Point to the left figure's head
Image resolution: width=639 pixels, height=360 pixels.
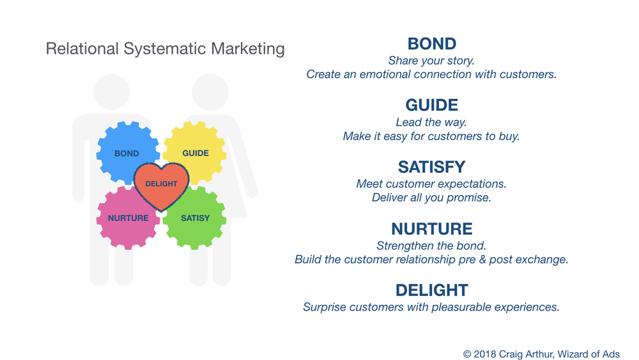tap(112, 91)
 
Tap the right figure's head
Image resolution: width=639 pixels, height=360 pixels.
tap(210, 91)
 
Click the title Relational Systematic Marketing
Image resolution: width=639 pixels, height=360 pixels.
tap(165, 49)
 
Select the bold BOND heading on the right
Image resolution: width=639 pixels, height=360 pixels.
tap(432, 43)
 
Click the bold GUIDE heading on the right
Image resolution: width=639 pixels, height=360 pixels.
tap(432, 106)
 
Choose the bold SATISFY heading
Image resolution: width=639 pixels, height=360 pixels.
tap(432, 167)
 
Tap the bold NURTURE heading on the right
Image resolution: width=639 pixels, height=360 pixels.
tap(432, 229)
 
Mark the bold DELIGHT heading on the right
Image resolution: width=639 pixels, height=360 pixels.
tap(432, 290)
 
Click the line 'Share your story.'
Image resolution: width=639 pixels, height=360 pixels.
tap(431, 61)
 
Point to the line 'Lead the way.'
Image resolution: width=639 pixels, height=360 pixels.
tap(431, 122)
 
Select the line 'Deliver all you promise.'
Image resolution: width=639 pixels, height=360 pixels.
tap(431, 198)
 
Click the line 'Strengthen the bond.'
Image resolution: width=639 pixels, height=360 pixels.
tap(431, 246)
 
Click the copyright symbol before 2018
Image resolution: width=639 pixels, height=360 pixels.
tap(468, 354)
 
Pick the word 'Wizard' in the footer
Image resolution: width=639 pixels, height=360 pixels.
tap(573, 354)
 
